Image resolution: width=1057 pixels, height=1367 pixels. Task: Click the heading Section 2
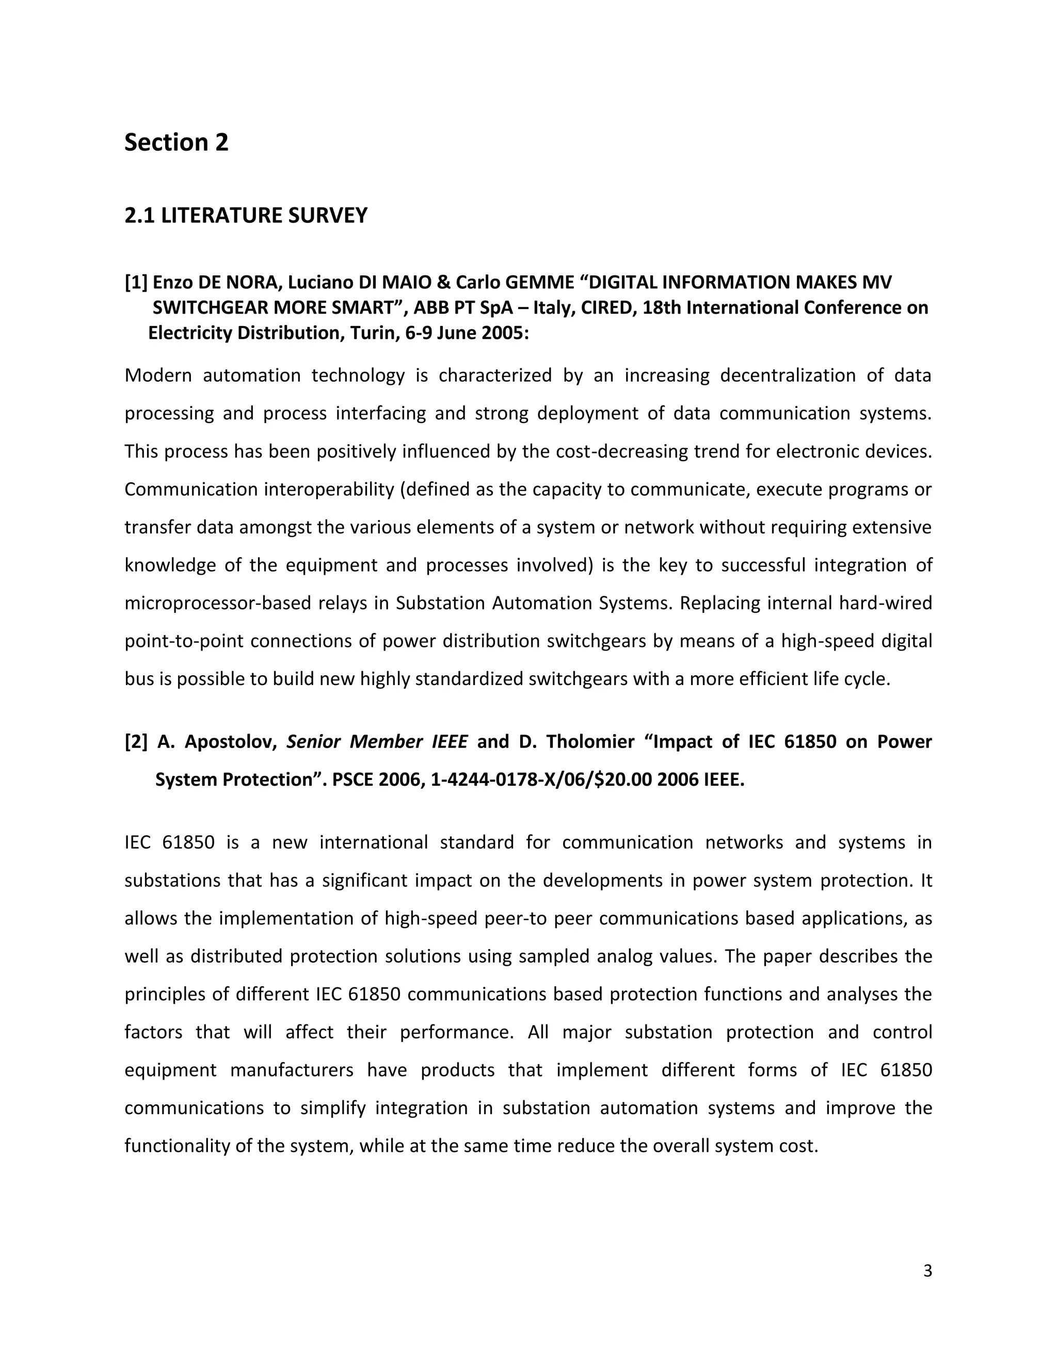click(x=176, y=143)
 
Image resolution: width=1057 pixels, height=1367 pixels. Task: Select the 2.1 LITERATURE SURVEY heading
click(x=246, y=215)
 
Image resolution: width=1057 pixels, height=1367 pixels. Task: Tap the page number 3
click(x=927, y=1271)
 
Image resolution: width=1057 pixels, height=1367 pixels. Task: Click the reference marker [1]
click(x=136, y=282)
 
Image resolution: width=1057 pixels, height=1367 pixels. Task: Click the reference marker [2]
click(x=136, y=742)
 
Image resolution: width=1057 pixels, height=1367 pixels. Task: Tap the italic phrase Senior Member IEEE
click(x=376, y=742)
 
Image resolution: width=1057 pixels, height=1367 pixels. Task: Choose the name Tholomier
click(x=589, y=742)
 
